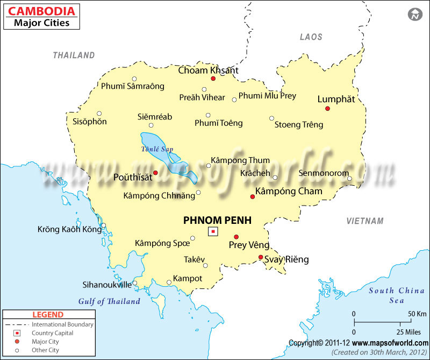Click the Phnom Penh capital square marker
[213, 231]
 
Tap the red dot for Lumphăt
[327, 109]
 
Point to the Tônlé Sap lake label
[157, 149]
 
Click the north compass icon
[415, 15]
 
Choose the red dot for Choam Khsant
[213, 79]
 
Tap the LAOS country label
[311, 37]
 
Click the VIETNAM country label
[365, 221]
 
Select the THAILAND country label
[74, 55]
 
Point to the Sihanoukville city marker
[135, 283]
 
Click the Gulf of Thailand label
[109, 301]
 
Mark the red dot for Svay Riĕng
[261, 257]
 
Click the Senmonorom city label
[320, 173]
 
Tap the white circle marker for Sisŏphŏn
[99, 114]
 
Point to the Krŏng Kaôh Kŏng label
[69, 230]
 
